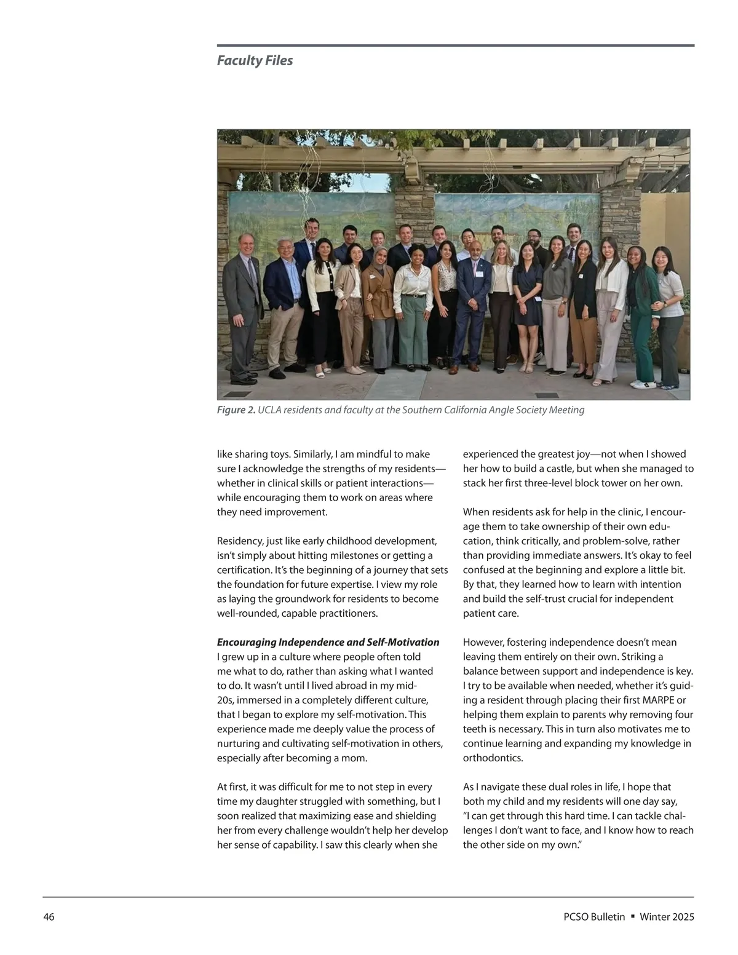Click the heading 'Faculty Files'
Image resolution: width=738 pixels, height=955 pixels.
(255, 60)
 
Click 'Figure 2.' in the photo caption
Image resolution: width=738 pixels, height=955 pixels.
(236, 410)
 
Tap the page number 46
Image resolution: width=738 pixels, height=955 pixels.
(49, 917)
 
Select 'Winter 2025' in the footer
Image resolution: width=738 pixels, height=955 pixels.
(667, 917)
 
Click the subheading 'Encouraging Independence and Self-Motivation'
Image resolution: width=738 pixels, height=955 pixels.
(328, 642)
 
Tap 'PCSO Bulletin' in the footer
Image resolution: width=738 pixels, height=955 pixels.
(593, 917)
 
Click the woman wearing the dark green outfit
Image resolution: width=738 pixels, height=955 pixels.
(639, 307)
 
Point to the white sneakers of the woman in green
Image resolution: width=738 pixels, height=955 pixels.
(641, 384)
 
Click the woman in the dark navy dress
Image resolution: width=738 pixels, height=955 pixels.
(528, 295)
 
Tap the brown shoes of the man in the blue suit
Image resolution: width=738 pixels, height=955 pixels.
(456, 370)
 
